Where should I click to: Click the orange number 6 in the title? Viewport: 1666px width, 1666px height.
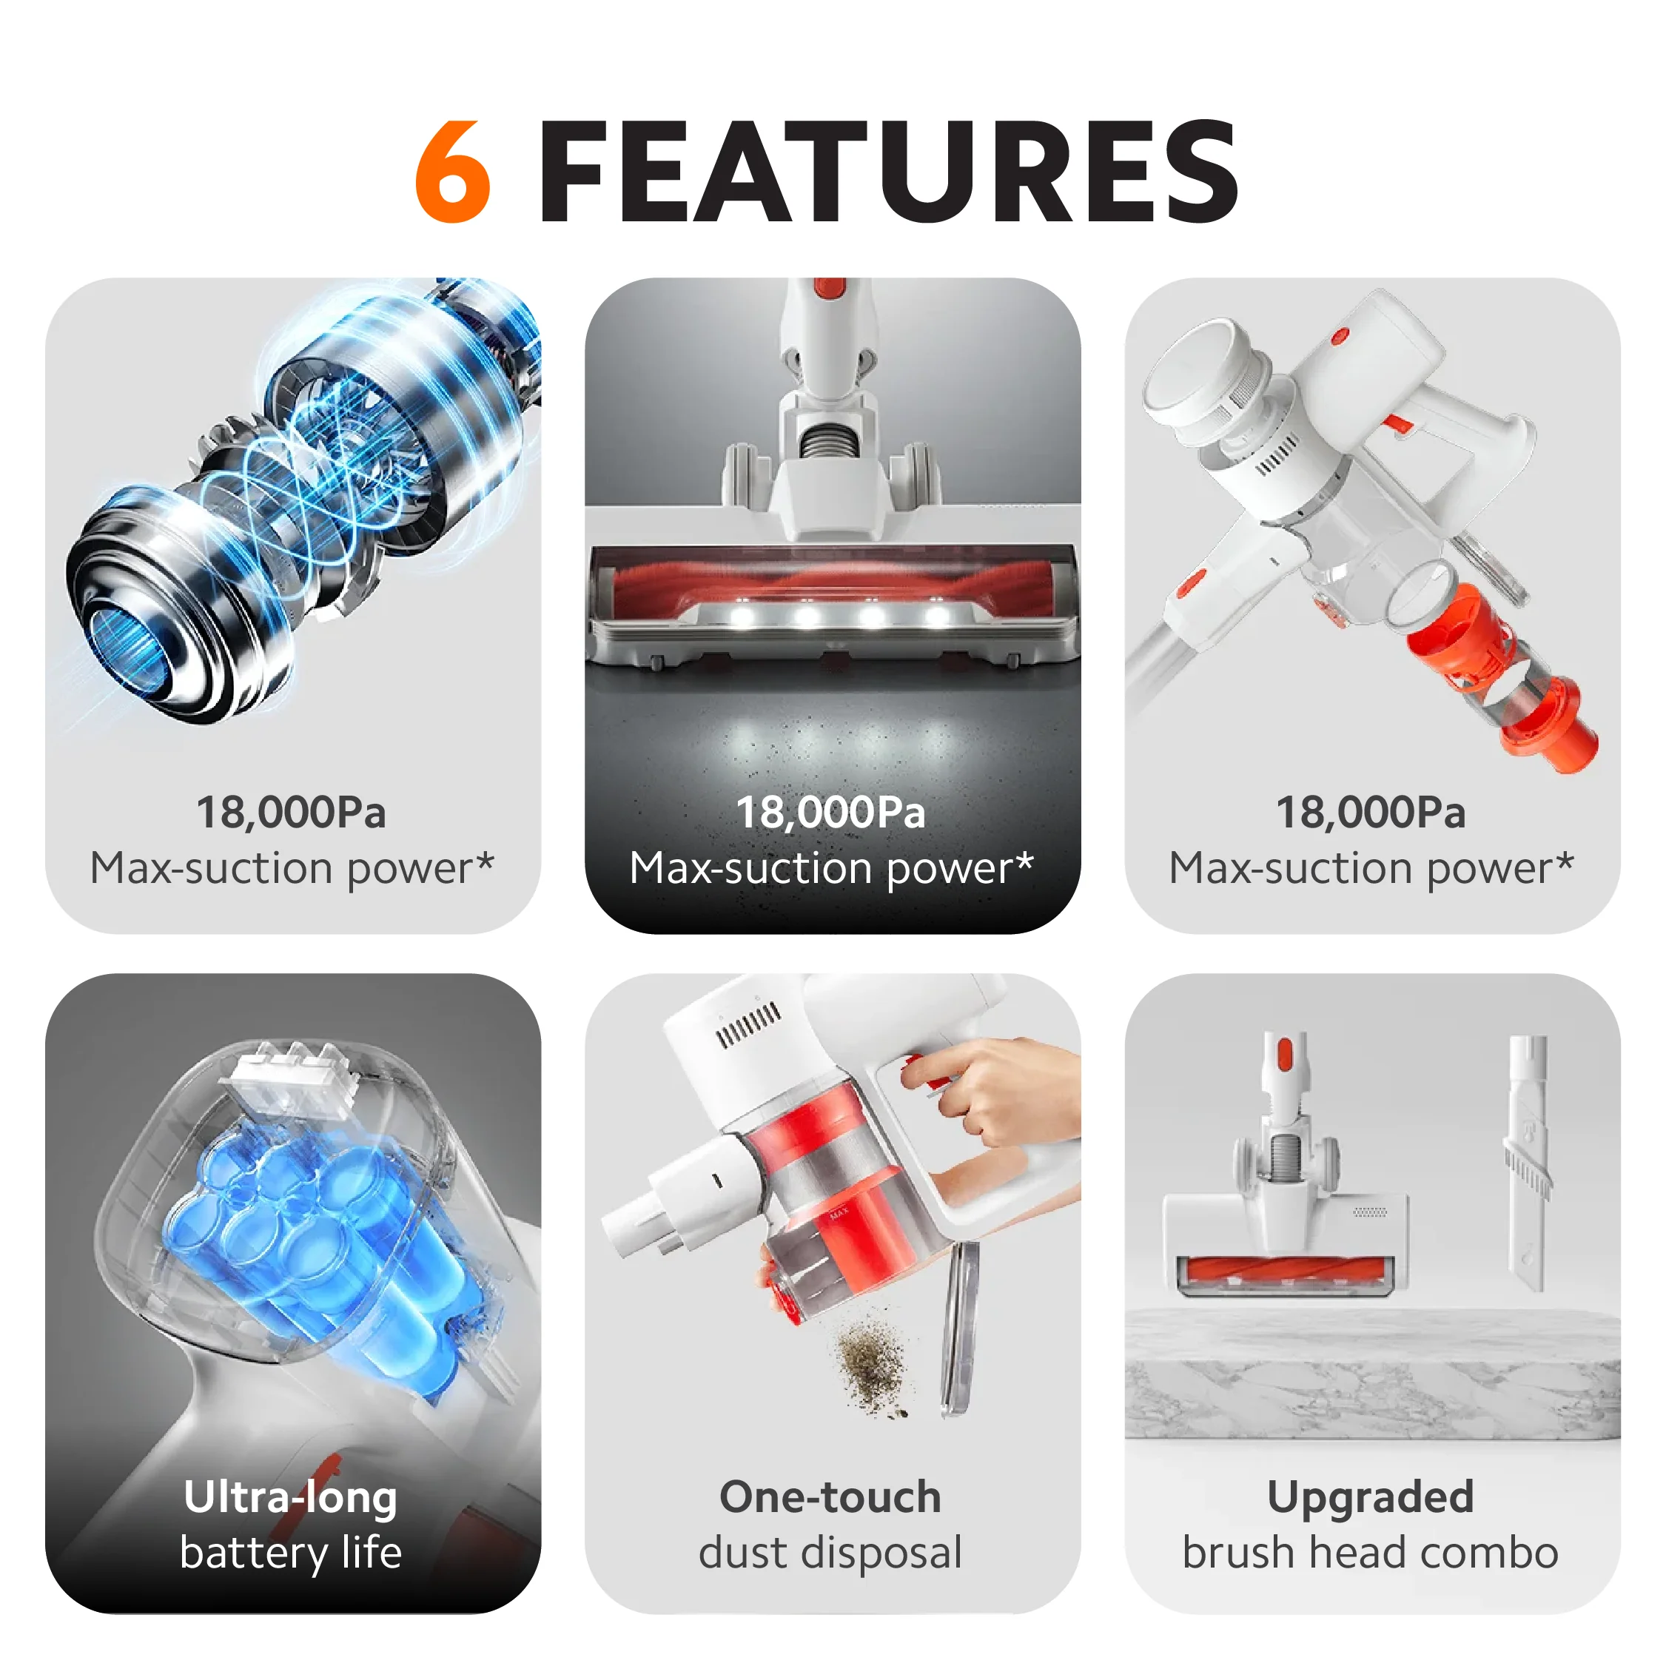[453, 171]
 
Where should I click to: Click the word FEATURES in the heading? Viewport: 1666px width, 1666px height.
[888, 171]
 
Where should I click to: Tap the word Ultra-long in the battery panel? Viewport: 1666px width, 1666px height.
[291, 1497]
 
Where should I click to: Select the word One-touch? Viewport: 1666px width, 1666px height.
[830, 1497]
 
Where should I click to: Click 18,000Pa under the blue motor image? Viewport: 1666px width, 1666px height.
[292, 813]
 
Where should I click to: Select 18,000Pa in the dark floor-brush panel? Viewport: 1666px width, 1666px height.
[830, 813]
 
